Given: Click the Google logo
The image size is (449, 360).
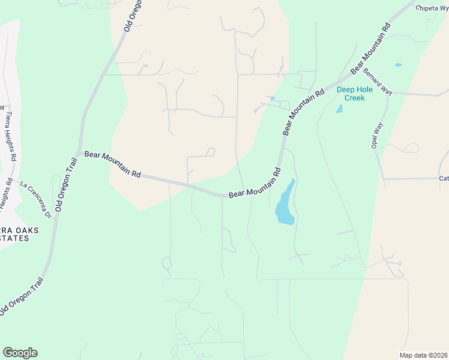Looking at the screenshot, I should [20, 353].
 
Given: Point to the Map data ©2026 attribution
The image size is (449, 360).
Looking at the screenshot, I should [423, 355].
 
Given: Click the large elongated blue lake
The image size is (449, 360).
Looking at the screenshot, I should [285, 204].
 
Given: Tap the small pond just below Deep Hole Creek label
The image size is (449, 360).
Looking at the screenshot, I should [339, 109].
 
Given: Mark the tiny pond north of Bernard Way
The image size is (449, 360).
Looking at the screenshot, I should [398, 65].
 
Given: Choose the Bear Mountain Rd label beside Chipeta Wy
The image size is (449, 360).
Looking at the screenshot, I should [371, 49].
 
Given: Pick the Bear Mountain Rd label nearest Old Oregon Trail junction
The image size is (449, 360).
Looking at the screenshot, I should [112, 164].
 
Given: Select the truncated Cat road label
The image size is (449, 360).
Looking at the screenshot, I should [444, 178].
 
